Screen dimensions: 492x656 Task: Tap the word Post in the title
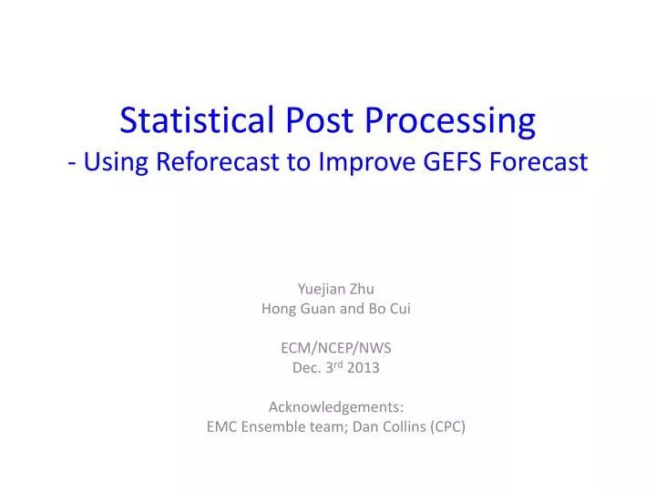pos(310,119)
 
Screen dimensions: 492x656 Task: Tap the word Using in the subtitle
pos(119,163)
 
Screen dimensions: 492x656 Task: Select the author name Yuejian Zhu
pos(336,289)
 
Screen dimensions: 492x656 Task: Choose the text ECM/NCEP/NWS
pos(336,347)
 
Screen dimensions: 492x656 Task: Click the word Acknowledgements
pos(336,407)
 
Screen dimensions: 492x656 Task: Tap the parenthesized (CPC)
pos(447,426)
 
